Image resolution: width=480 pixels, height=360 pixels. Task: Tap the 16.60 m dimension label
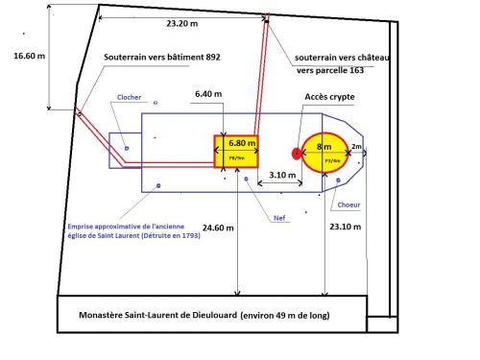[x=29, y=55]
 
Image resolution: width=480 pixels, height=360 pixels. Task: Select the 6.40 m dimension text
[x=209, y=94]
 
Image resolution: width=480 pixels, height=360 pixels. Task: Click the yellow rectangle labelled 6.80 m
[x=235, y=152]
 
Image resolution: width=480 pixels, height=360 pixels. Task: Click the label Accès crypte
[x=330, y=97]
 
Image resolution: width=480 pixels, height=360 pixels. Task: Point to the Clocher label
[x=129, y=98]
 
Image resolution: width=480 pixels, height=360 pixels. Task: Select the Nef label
[x=279, y=218]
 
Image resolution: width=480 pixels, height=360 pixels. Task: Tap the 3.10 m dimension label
[x=281, y=175]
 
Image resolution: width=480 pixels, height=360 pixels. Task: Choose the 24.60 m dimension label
[x=220, y=228]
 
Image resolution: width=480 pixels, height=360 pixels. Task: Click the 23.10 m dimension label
[x=346, y=228]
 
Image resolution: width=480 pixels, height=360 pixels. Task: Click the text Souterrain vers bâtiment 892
[x=162, y=58]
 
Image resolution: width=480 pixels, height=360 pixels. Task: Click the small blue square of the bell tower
[x=125, y=149]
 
